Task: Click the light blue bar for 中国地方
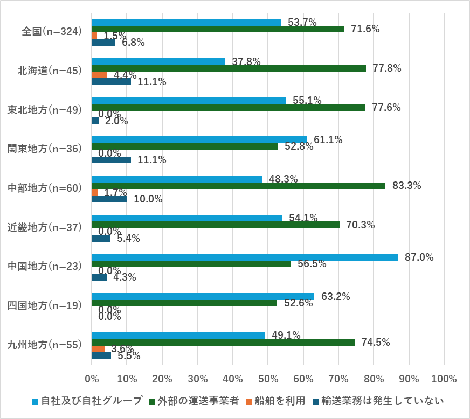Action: click(245, 257)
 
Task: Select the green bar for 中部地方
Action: click(239, 186)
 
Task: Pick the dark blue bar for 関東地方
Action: click(112, 160)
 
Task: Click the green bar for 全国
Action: click(218, 29)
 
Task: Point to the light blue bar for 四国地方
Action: click(203, 296)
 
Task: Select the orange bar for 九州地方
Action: click(98, 348)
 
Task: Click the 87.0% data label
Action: click(419, 257)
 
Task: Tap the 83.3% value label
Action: click(407, 186)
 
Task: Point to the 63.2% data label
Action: click(336, 296)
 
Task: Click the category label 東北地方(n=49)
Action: click(44, 110)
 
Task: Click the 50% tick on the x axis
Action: click(268, 379)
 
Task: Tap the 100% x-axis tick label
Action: click(444, 379)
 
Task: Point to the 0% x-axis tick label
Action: click(92, 379)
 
